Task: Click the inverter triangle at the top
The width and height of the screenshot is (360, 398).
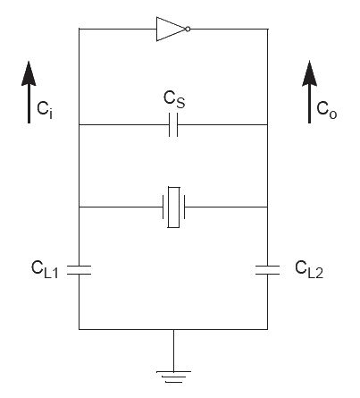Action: [x=168, y=29]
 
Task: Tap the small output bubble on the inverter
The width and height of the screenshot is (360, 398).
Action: [x=188, y=29]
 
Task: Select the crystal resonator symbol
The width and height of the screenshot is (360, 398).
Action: [x=174, y=207]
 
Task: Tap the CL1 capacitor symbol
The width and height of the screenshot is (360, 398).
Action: [x=80, y=269]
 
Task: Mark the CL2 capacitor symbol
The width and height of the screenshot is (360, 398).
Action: [x=267, y=269]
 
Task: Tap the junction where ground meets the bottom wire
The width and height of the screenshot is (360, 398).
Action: [x=174, y=329]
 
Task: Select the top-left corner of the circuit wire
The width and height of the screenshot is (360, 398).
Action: [x=80, y=29]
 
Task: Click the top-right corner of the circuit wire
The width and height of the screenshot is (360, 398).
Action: [x=267, y=29]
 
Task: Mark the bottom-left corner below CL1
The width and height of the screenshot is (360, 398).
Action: [x=80, y=329]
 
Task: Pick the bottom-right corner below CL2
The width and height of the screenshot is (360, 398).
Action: [x=267, y=329]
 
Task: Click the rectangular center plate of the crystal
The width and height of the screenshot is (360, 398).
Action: [x=174, y=207]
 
